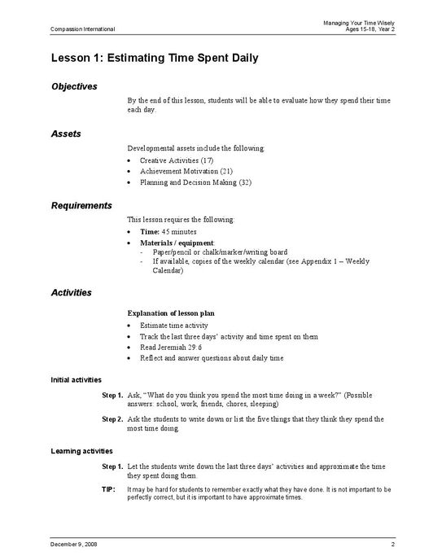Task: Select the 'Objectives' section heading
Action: (74, 86)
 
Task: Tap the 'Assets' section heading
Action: (65, 133)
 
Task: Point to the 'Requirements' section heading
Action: (81, 205)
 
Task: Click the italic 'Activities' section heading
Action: (71, 292)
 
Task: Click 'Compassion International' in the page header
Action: (82, 29)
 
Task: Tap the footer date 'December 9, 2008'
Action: (74, 544)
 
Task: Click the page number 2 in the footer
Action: (392, 544)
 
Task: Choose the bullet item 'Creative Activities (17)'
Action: (177, 160)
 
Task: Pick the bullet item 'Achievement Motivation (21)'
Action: (186, 172)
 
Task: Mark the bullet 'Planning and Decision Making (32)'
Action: (195, 183)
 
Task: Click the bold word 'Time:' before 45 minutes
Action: (150, 232)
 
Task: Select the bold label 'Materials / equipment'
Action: (177, 243)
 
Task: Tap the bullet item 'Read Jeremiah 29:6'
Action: (170, 348)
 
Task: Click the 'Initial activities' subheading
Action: (76, 379)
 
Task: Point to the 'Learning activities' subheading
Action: (81, 450)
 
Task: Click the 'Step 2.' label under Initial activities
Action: (112, 419)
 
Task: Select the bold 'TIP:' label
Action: (108, 490)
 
